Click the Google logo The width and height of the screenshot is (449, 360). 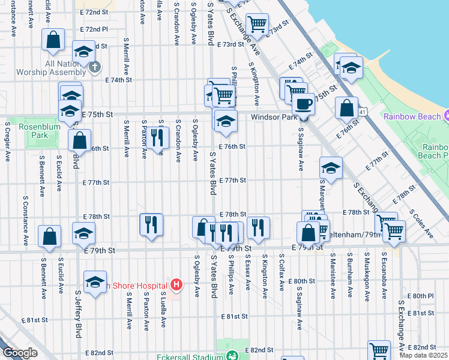tap(19, 353)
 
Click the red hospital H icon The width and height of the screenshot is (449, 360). tap(176, 284)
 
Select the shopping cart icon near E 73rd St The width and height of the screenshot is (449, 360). tap(257, 24)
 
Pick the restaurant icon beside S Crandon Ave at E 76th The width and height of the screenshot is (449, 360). tap(157, 137)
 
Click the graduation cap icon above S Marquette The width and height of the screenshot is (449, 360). tap(331, 167)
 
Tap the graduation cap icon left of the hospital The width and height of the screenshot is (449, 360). tap(95, 282)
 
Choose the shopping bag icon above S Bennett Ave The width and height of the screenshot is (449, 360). tap(49, 236)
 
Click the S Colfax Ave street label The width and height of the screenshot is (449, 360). tap(281, 274)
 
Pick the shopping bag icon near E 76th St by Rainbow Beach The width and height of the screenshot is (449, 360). tap(346, 108)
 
